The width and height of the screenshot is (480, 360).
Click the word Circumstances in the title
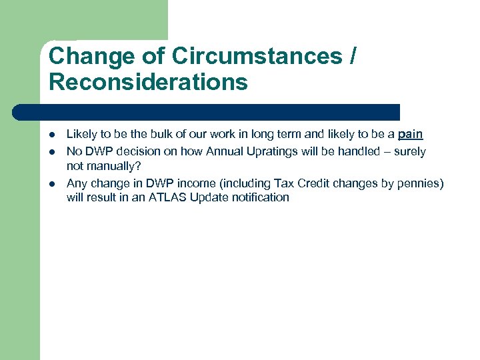tap(257, 57)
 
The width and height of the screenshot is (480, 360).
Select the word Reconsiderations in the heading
tap(148, 83)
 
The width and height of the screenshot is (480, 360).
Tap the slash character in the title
tap(351, 57)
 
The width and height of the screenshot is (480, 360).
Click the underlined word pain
tap(410, 135)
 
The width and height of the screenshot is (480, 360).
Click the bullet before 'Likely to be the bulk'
tap(52, 135)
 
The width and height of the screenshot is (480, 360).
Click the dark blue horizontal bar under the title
tap(207, 111)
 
